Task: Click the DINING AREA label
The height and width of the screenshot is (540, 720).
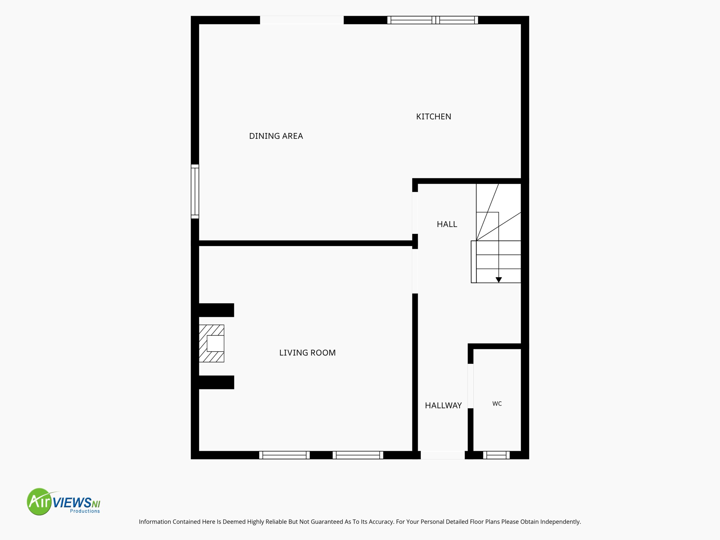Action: tap(276, 136)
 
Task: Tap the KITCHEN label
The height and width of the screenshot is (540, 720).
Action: tap(434, 116)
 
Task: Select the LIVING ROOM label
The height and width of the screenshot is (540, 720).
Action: tap(307, 353)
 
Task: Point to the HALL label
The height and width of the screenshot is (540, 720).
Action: tap(447, 224)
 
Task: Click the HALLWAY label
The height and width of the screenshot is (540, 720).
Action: tap(443, 406)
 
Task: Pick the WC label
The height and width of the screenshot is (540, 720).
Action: tap(497, 404)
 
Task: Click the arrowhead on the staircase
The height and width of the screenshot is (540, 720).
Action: tap(499, 280)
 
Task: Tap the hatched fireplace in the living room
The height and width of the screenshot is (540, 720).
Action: tap(211, 343)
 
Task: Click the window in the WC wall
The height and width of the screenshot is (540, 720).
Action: tap(496, 455)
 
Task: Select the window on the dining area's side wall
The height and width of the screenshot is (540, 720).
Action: tap(195, 192)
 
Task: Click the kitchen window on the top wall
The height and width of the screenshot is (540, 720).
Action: tap(433, 20)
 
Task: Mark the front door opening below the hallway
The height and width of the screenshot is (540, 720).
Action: tap(443, 455)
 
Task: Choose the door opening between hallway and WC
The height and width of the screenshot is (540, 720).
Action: tap(470, 386)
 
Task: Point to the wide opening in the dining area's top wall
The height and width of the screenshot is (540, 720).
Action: tap(302, 20)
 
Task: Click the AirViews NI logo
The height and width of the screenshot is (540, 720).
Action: tap(64, 501)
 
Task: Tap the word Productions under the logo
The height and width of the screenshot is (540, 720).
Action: tap(85, 511)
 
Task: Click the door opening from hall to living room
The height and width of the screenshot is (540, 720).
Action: tap(415, 271)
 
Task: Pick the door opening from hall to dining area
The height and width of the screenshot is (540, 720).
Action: tap(415, 213)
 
